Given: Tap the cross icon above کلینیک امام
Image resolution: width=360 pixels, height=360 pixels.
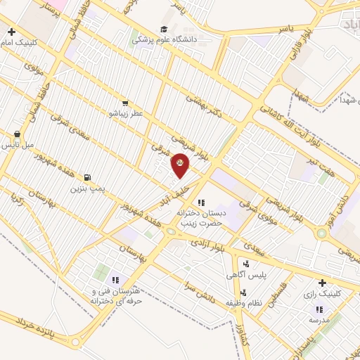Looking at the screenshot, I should [x=11, y=32].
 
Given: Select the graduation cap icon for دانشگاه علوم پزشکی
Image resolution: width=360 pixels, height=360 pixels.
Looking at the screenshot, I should [x=163, y=29].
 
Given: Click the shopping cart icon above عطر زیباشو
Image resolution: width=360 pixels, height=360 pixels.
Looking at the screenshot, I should [x=124, y=103].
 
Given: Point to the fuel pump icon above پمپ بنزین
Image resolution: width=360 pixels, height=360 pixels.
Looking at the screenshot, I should [x=87, y=178].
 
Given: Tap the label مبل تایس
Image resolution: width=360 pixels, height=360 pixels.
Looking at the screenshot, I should [x=18, y=145].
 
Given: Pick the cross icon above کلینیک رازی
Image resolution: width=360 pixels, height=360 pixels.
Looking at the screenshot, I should [x=322, y=282].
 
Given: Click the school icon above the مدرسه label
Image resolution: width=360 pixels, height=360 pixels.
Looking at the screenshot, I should [x=319, y=309].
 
